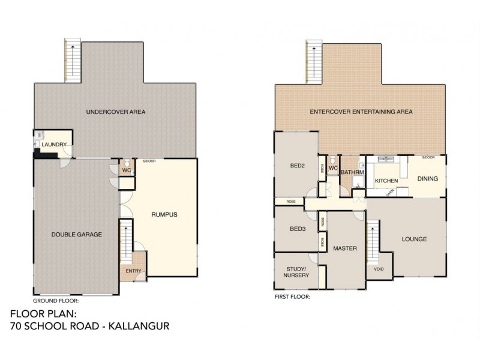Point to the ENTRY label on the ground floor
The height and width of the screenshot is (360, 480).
(133, 271)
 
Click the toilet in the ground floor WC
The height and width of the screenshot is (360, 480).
(127, 163)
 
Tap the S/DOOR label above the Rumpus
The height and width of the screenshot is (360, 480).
(149, 161)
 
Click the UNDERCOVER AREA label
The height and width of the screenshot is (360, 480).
(116, 112)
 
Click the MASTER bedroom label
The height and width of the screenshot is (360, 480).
(345, 248)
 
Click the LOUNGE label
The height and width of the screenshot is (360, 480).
(414, 239)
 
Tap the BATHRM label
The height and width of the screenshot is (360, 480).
(352, 172)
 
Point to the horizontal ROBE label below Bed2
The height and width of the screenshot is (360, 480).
(292, 201)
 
